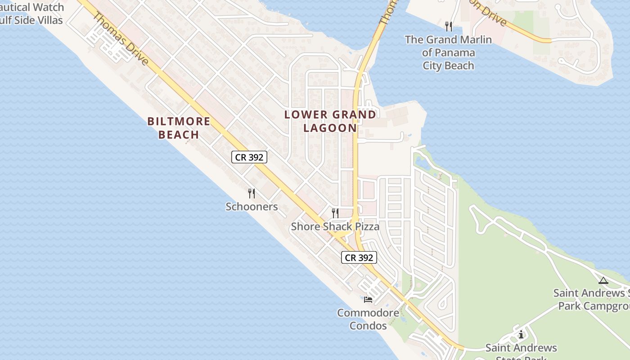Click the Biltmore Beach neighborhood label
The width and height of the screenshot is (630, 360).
tap(179, 128)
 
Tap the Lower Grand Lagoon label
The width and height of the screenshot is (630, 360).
tap(330, 121)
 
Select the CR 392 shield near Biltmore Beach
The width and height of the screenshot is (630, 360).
tap(249, 157)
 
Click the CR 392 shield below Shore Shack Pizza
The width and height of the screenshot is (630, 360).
tap(359, 257)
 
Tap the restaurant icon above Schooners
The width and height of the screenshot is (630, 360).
tap(252, 193)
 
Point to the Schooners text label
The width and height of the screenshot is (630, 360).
tap(252, 207)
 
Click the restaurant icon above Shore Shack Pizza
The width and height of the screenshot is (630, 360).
tap(335, 213)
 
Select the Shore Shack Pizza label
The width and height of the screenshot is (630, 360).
tap(335, 226)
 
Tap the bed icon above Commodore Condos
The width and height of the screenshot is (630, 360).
tap(368, 299)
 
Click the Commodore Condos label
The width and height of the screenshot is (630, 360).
tap(368, 319)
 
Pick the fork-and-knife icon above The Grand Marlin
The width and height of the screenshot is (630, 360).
tap(448, 26)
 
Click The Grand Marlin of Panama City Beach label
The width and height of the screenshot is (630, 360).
tap(448, 52)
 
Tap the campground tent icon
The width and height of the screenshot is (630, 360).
tap(603, 280)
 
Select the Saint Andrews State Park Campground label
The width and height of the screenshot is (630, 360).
tap(592, 299)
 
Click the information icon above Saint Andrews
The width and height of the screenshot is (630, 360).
tap(521, 334)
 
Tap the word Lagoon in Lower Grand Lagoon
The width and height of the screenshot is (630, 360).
tap(330, 128)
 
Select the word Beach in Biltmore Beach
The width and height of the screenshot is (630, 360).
tap(179, 135)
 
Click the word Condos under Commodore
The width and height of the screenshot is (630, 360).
tap(368, 325)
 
